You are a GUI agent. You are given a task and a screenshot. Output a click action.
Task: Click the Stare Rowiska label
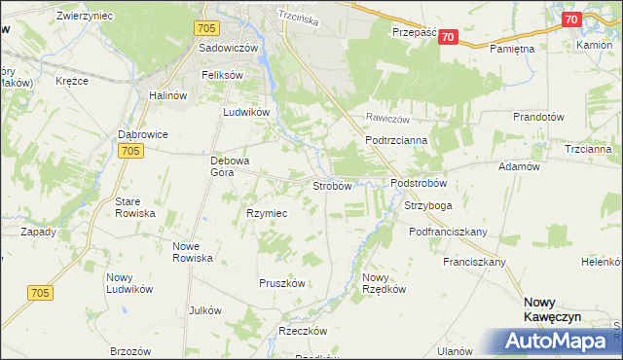(x=135, y=206)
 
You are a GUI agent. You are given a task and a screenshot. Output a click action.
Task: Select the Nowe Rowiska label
(x=193, y=251)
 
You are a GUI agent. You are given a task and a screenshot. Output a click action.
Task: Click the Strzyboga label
(x=428, y=206)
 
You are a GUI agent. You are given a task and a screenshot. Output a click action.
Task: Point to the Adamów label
(x=519, y=167)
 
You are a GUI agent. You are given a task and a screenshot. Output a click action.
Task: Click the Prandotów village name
(x=538, y=117)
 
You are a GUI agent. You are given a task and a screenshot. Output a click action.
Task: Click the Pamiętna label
(x=513, y=48)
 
